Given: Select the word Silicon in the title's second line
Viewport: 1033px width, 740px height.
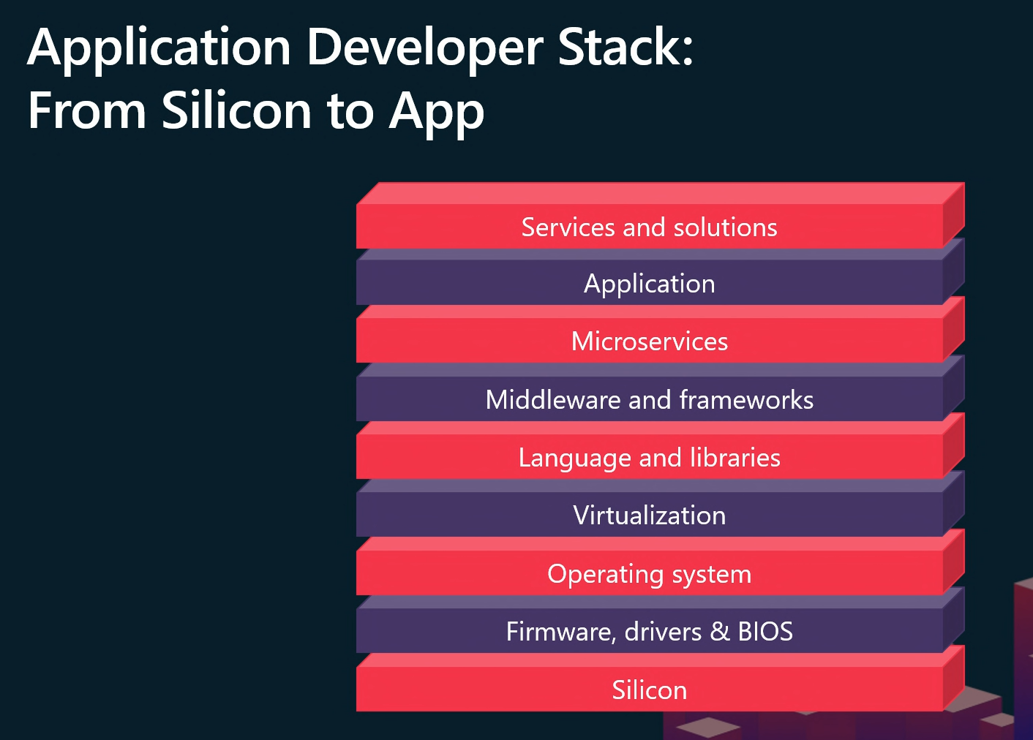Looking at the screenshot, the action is point(236,109).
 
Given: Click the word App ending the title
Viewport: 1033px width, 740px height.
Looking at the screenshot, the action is point(436,113).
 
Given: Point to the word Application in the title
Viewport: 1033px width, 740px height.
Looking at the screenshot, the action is point(159,49).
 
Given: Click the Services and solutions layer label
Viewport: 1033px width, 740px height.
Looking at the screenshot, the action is point(650,227).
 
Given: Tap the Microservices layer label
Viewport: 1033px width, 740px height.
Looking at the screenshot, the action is point(650,341).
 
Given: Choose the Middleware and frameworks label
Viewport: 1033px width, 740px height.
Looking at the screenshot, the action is point(650,399).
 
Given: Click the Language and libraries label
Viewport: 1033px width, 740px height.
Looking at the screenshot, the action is point(650,458).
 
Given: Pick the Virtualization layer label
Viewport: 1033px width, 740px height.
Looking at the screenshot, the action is point(650,515).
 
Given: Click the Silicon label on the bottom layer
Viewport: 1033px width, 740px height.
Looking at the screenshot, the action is point(650,690).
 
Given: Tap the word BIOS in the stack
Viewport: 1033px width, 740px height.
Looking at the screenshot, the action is point(765,632).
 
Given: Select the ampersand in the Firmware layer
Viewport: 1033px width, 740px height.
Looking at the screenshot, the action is point(720,632).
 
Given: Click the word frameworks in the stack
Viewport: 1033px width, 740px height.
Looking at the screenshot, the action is point(746,399).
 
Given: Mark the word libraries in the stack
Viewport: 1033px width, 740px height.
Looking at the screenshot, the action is point(735,457).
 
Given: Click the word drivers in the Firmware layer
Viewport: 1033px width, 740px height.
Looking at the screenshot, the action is point(663,632).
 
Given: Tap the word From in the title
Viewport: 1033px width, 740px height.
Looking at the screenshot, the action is point(87,110).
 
